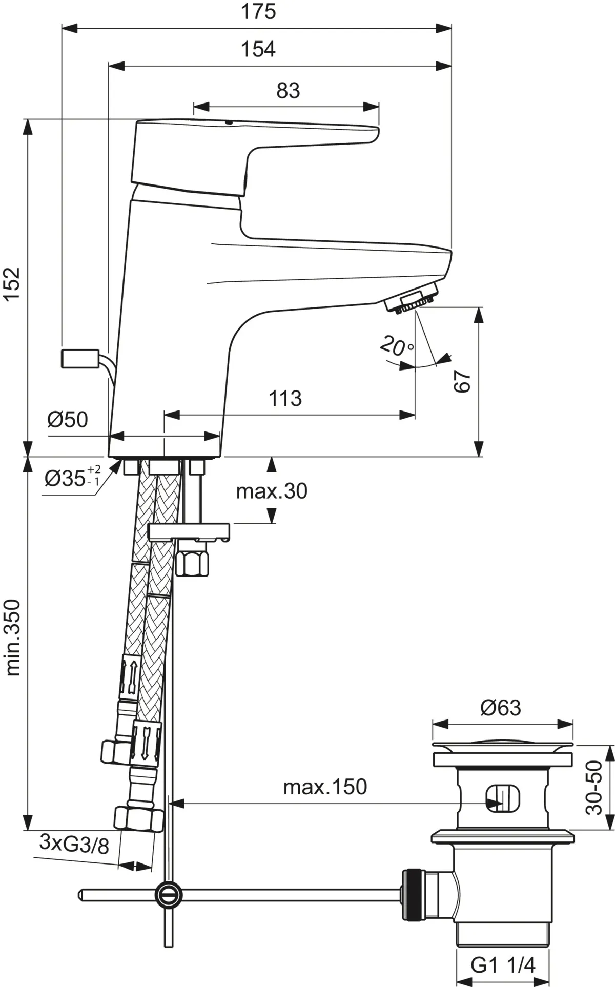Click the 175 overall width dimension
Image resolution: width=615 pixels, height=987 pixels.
coord(258,11)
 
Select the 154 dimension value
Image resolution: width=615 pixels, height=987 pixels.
coord(258,49)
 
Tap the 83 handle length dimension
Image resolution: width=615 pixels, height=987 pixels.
coord(288,91)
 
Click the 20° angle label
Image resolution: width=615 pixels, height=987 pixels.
coord(396,346)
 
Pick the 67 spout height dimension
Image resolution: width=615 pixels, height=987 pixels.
coord(462,381)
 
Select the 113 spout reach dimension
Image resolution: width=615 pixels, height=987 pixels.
coord(285,398)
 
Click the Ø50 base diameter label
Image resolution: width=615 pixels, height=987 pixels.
coord(68,420)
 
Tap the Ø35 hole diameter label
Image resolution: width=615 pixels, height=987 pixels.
coord(72,479)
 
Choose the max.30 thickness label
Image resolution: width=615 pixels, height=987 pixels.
coord(272,491)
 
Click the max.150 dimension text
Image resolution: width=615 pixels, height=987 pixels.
coord(325,787)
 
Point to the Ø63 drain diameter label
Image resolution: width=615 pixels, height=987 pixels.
coord(501,708)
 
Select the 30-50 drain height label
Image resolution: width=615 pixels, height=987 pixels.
coord(594,787)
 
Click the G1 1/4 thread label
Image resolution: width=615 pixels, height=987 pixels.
coord(503,965)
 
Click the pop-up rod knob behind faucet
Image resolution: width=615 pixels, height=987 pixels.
coord(79,358)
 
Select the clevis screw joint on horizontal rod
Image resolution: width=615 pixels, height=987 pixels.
coord(169,894)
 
